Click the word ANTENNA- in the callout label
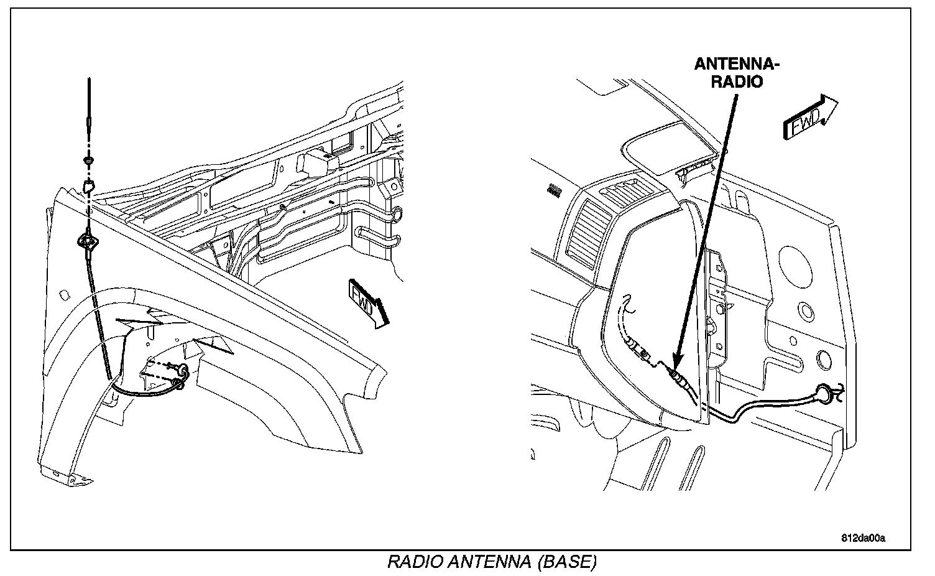coord(737,64)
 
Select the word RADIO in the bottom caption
coord(414,562)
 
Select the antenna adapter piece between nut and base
coord(89,185)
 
